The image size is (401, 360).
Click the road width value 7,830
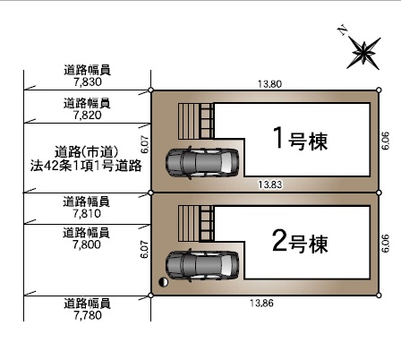pos(88,81)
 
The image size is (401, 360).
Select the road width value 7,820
pos(88,115)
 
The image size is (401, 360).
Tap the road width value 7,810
pos(87,213)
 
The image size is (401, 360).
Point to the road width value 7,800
pos(87,244)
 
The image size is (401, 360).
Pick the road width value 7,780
pos(88,315)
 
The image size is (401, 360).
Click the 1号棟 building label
pos(301,138)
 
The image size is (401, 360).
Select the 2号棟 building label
pos(300,242)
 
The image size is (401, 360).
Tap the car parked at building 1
pos(202,163)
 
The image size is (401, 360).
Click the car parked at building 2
pos(202,265)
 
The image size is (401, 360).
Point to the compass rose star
pos(363,53)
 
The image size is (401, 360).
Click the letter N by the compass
pos(343,30)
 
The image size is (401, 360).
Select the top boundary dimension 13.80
pos(269,84)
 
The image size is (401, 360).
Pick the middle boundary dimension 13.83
pos(270,184)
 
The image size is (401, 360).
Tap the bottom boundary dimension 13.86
pos(261,304)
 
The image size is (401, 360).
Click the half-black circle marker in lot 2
pos(163,282)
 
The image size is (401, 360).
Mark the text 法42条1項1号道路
pos(86,166)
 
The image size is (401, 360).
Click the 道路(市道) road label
pos(87,152)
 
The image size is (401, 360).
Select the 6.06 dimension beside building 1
pos(386,141)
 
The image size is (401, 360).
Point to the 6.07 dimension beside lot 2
pos(144,250)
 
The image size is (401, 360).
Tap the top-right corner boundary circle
pos(379,90)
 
